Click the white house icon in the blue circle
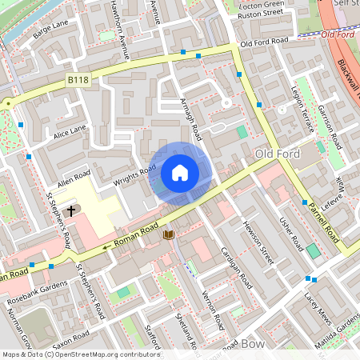pos(180,172)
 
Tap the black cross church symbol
pos(71,211)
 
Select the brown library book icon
pos(168,234)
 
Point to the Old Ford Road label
pos(263,42)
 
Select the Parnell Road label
pos(327,220)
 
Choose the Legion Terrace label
pos(305,107)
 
